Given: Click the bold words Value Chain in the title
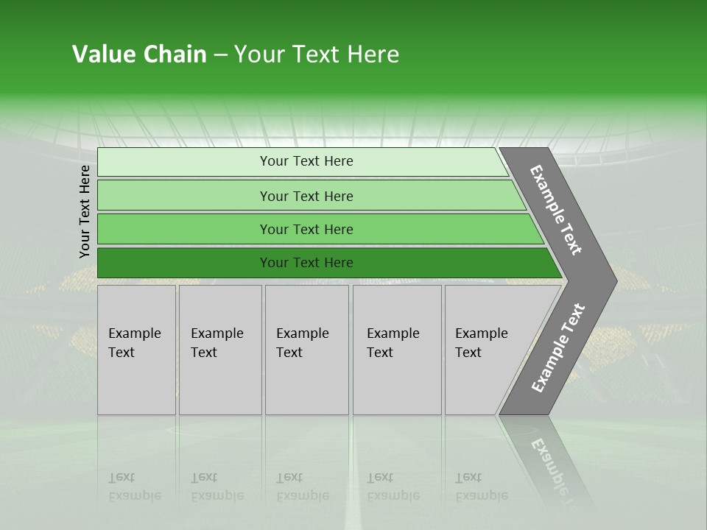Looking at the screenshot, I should pyautogui.click(x=139, y=54).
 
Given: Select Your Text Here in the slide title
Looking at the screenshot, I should pyautogui.click(x=317, y=54).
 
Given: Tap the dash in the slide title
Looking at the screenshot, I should pyautogui.click(x=220, y=55).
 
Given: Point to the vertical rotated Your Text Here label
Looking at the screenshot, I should pyautogui.click(x=85, y=211).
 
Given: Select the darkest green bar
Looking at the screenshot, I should pyautogui.click(x=184, y=263).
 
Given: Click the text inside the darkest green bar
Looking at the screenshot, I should pyautogui.click(x=306, y=263).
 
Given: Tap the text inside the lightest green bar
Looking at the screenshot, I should pyautogui.click(x=306, y=161).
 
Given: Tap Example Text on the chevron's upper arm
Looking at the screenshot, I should pyautogui.click(x=556, y=210).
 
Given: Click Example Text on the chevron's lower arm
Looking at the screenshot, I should pyautogui.click(x=558, y=347).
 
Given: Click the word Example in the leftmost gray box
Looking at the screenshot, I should pyautogui.click(x=134, y=333).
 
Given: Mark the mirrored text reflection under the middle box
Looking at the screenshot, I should pyautogui.click(x=302, y=487).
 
